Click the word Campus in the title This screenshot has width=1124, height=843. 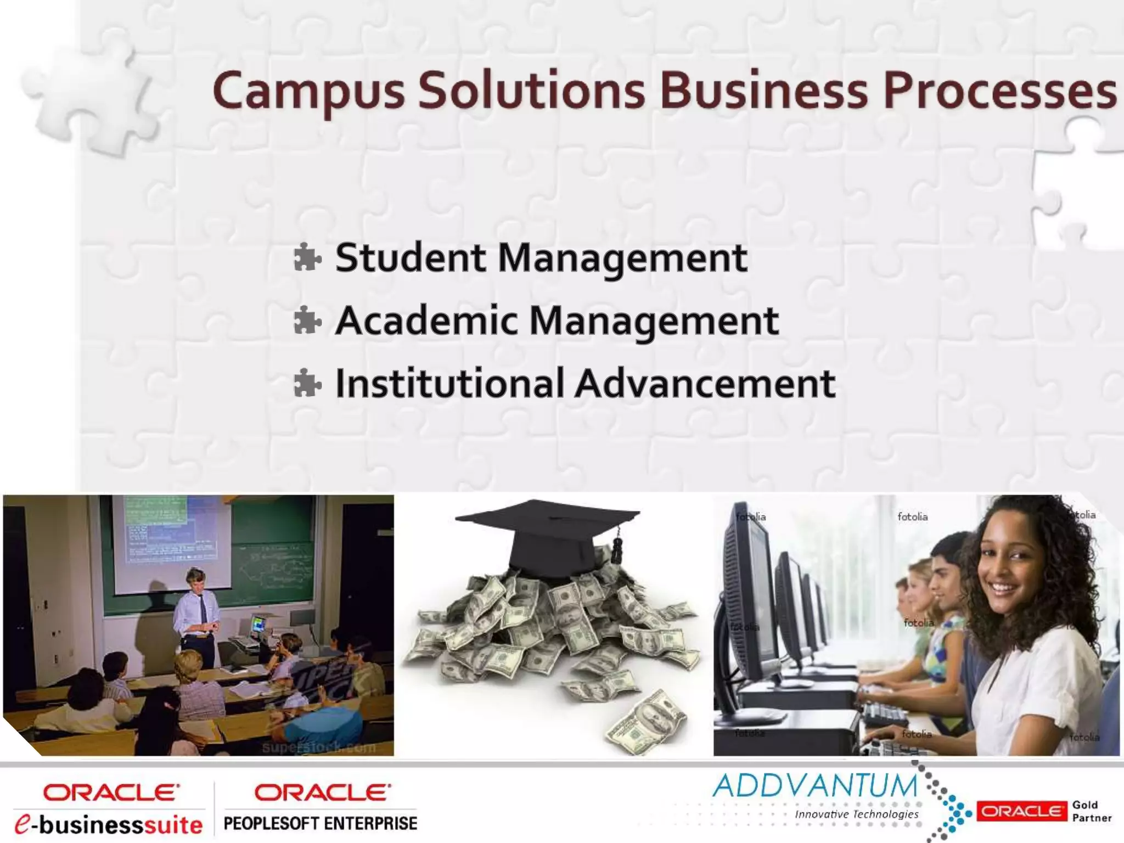[x=308, y=91]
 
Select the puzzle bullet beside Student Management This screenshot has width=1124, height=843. [x=307, y=258]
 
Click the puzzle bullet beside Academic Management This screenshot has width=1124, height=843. [x=307, y=321]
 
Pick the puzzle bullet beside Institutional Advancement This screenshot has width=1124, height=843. [x=307, y=383]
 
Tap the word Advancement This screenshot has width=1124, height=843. [x=705, y=383]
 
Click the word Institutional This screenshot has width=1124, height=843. [x=450, y=383]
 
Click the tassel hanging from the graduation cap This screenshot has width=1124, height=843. [x=617, y=547]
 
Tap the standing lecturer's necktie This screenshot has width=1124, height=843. [x=204, y=609]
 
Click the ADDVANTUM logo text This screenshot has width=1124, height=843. [x=814, y=785]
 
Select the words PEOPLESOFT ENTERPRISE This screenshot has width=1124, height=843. [x=321, y=823]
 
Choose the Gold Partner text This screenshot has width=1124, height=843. [x=1092, y=811]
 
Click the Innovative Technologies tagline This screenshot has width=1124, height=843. [x=856, y=814]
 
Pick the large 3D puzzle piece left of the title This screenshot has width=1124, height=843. [x=88, y=93]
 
